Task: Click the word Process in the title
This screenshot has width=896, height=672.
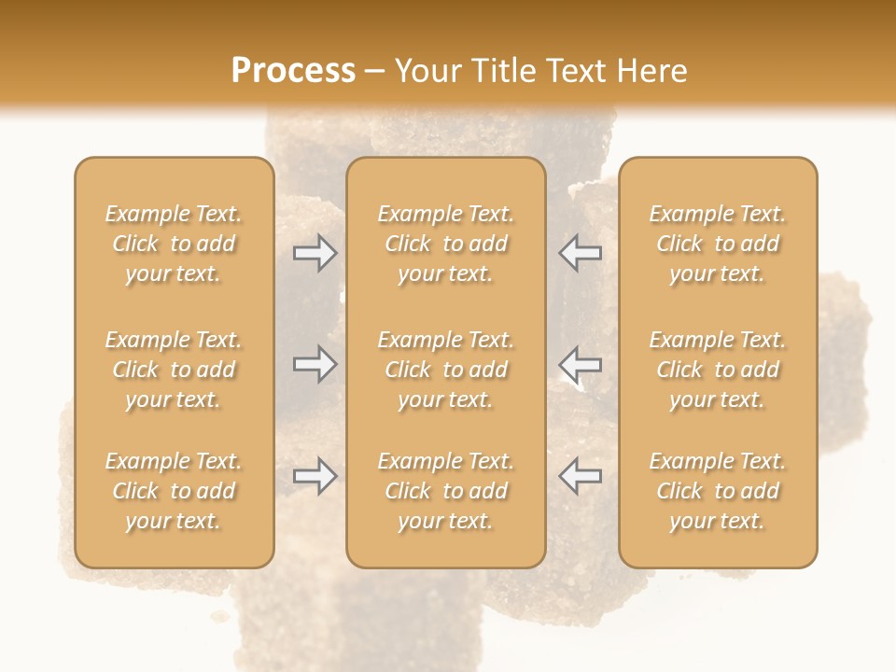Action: pyautogui.click(x=293, y=71)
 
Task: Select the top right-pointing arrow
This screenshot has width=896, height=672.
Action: pyautogui.click(x=315, y=253)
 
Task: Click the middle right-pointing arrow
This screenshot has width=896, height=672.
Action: pyautogui.click(x=315, y=364)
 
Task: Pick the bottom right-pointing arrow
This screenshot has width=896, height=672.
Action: pyautogui.click(x=315, y=475)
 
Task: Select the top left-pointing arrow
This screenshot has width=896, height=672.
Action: pyautogui.click(x=580, y=253)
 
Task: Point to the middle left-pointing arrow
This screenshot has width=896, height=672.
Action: pyautogui.click(x=580, y=364)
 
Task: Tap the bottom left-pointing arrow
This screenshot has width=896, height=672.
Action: pyautogui.click(x=580, y=475)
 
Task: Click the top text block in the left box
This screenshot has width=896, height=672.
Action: pyautogui.click(x=174, y=244)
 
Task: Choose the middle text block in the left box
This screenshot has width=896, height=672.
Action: pyautogui.click(x=174, y=370)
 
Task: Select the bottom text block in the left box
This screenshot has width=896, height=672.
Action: pyautogui.click(x=174, y=491)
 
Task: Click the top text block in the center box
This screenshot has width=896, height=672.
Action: pyautogui.click(x=445, y=244)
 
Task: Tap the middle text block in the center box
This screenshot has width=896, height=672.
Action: pyautogui.click(x=445, y=370)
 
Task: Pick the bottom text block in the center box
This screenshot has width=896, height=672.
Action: pyautogui.click(x=445, y=491)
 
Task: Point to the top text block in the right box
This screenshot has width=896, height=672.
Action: pyautogui.click(x=717, y=244)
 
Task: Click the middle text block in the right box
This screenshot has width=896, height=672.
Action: pyautogui.click(x=717, y=370)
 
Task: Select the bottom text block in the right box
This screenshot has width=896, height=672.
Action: pyautogui.click(x=717, y=491)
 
